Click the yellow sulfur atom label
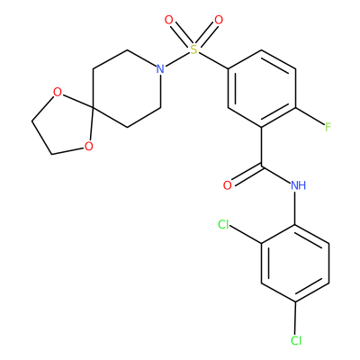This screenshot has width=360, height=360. tap(194, 49)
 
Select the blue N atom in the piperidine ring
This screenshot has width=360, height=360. tap(160, 69)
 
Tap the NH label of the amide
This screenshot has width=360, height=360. tap(298, 185)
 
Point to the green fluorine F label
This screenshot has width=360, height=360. tap(328, 128)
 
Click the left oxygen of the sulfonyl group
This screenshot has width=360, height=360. tap(169, 21)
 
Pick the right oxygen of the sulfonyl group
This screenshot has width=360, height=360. tap(219, 21)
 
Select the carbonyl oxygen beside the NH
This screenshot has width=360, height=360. tap(228, 185)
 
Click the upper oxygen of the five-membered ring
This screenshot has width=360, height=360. tap(57, 93)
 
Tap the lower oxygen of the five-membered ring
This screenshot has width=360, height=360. tap(88, 147)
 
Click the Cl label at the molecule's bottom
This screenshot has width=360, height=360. tap(296, 340)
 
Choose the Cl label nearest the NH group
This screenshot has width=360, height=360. tap(223, 224)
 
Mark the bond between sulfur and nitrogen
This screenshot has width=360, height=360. tap(177, 59)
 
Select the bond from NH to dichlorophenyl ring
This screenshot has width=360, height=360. tap(295, 208)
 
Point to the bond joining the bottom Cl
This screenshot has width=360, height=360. tap(295, 318)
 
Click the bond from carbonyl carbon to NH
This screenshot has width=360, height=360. tap(276, 175)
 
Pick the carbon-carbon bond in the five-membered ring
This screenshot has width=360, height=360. tap(41, 138)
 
